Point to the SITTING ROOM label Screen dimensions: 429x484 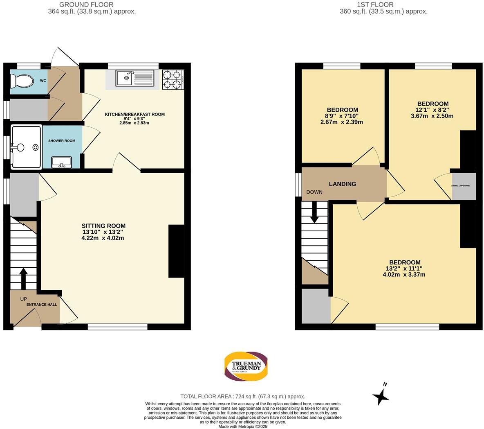(x=103, y=226)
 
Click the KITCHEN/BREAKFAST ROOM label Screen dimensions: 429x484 (x=135, y=114)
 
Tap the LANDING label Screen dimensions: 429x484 (x=342, y=184)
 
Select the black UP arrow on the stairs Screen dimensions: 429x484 (x=23, y=278)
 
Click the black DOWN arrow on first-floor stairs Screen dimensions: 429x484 (x=314, y=213)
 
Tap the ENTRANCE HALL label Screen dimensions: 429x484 (x=42, y=305)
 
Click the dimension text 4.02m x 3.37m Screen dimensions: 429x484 (x=404, y=275)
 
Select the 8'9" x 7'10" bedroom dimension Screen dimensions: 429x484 (x=342, y=116)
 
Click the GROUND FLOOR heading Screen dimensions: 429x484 (x=86, y=5)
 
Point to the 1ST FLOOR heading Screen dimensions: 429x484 (x=375, y=5)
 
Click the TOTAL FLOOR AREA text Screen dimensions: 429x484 (x=243, y=396)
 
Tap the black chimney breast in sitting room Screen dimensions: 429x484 (x=176, y=251)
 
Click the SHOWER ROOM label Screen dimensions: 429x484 (x=62, y=140)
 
